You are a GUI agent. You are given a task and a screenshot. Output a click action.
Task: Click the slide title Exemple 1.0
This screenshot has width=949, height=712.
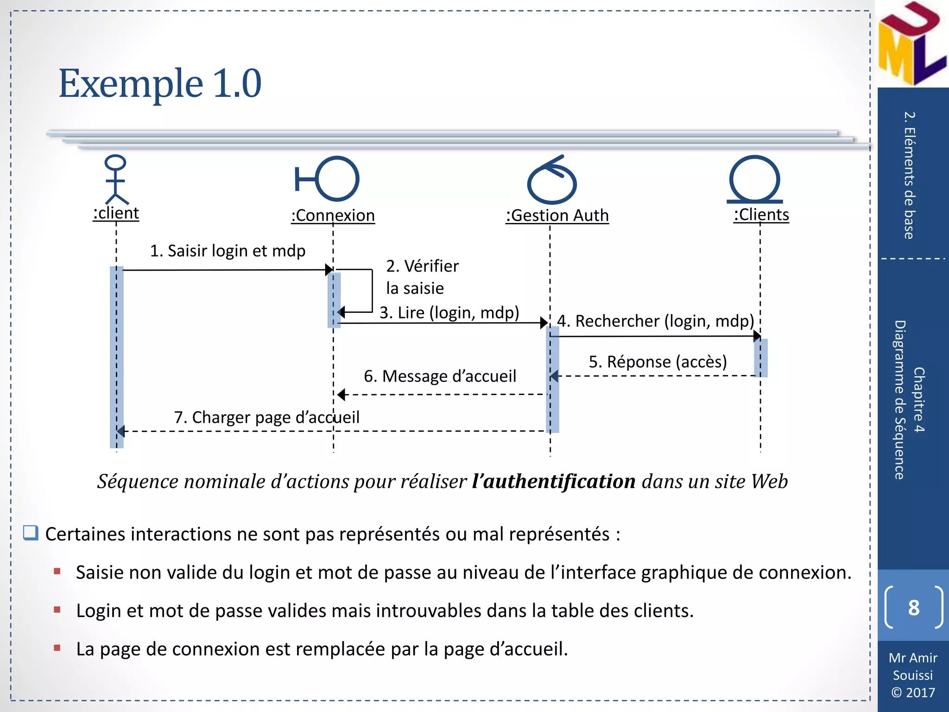pos(160,83)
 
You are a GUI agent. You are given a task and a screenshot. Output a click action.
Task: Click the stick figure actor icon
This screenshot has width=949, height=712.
pos(115,180)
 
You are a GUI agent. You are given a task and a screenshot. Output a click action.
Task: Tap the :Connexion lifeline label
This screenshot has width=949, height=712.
pos(333,216)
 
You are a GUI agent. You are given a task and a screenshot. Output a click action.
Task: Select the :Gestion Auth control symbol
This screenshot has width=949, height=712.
pos(551,181)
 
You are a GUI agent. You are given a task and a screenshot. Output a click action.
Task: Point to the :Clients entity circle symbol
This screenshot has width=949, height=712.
pos(754,179)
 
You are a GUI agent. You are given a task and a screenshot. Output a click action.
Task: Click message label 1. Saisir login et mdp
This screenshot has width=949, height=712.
pos(228,251)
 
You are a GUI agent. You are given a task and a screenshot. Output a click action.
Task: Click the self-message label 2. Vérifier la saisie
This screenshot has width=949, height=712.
pos(422,277)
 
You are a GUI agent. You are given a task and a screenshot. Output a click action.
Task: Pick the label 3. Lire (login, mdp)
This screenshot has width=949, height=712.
pos(449,312)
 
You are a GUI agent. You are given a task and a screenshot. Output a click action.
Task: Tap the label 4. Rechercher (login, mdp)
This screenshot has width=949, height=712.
pos(655,321)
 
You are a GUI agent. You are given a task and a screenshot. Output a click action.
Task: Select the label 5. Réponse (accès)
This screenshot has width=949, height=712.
pos(658,362)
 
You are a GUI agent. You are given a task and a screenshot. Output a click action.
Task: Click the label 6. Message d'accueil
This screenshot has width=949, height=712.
pos(440,376)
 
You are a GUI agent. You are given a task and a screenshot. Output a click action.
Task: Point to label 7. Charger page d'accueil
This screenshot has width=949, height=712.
pos(266,417)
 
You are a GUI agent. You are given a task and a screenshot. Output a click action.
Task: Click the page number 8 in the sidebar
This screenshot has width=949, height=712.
pos(913,608)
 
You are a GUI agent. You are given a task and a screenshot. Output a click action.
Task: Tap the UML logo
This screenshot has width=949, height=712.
pos(911,44)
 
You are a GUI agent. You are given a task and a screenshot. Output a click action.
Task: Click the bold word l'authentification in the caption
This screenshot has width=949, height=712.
pos(554,482)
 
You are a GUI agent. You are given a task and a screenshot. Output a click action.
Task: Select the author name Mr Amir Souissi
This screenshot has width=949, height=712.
pos(913,666)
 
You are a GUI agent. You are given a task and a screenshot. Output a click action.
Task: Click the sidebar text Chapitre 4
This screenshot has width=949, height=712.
pos(919,400)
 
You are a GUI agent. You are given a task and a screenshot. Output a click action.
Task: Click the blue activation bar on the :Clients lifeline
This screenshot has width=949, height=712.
pos(761,357)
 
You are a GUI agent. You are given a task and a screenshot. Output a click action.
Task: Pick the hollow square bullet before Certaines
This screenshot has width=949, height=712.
pos(31,533)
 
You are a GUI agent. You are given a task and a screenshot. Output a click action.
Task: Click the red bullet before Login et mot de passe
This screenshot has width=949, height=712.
pos(57,610)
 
